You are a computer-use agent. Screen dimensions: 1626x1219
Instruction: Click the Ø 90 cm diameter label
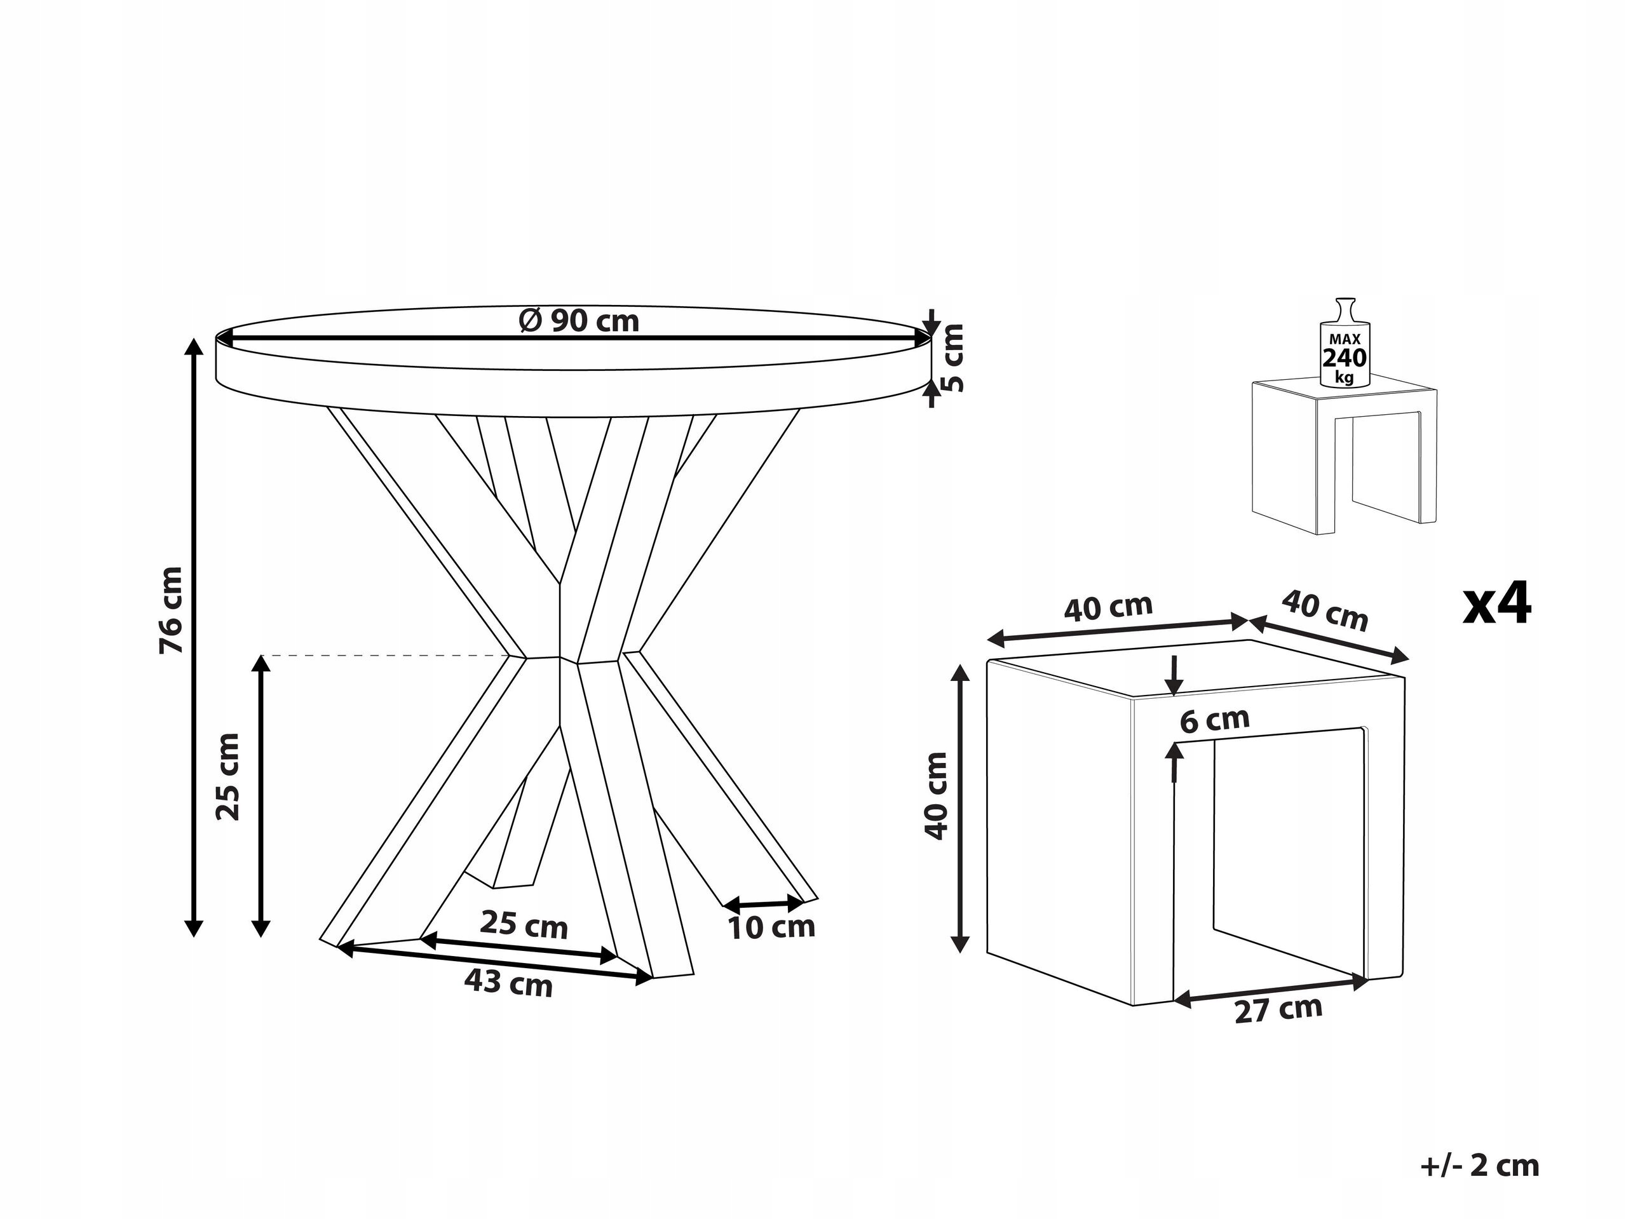[x=579, y=321]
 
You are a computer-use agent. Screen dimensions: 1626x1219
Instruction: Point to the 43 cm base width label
[x=508, y=983]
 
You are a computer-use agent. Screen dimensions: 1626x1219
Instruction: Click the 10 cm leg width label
[x=772, y=927]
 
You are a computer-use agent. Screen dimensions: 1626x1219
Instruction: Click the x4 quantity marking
[x=1496, y=604]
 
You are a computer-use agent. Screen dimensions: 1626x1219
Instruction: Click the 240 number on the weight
[x=1345, y=358]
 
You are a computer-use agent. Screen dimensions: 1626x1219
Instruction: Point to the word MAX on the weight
[x=1345, y=339]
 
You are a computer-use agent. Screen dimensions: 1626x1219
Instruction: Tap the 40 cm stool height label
[x=937, y=796]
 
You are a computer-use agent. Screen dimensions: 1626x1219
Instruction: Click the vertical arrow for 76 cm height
[x=193, y=638]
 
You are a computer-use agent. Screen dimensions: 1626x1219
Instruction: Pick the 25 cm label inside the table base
[x=524, y=925]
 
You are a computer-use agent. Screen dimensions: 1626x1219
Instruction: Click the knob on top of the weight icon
[x=1345, y=309]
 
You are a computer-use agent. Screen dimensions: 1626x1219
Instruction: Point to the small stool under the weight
[x=1343, y=456]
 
